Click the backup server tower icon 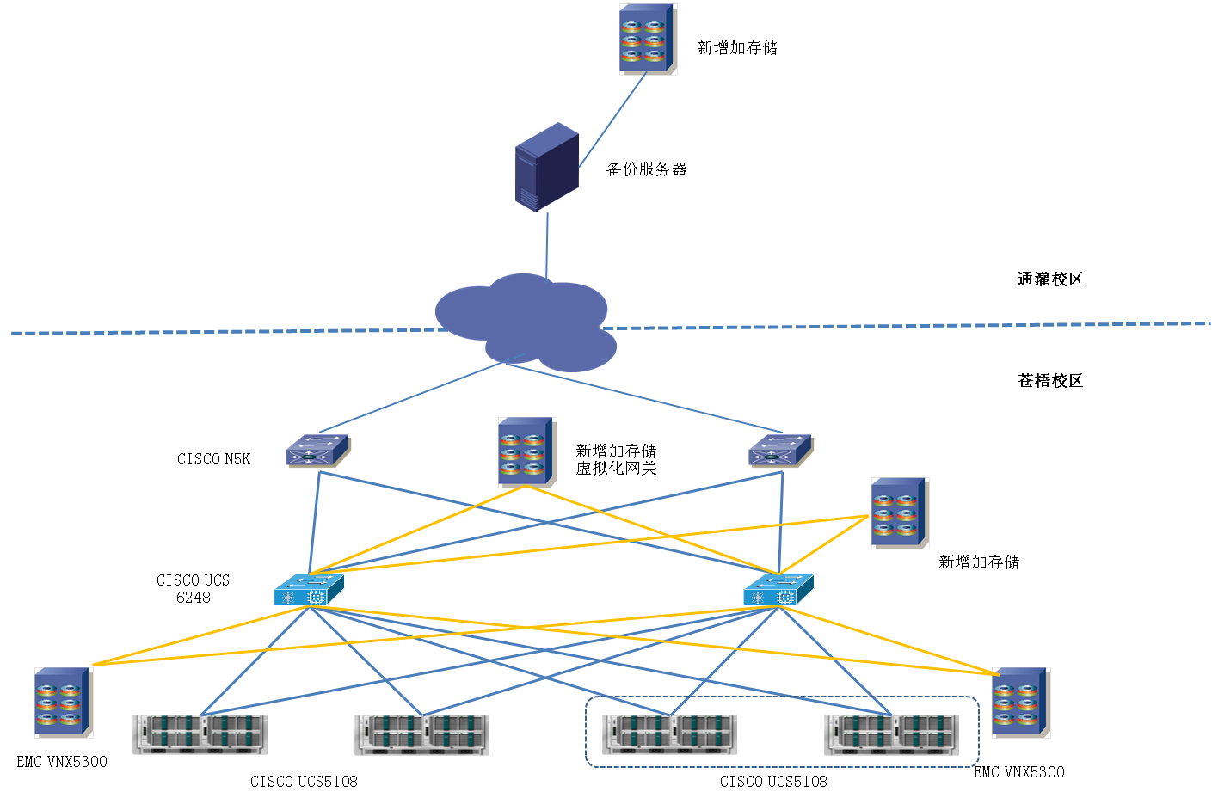pos(546,167)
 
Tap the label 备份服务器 pos(647,169)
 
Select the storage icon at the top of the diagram pos(647,39)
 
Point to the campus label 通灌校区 pos(1049,279)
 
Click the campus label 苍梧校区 pos(1049,381)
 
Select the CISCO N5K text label pos(213,459)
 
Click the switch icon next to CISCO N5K pos(317,451)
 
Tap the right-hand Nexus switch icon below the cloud pos(779,451)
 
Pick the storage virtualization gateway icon pos(526,452)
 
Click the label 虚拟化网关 pos(616,469)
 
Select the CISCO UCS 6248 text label pos(193,589)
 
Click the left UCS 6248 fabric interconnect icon pos(309,591)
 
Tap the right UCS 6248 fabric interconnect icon pos(778,591)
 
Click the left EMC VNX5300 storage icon pos(62,702)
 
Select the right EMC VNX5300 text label pos(1018,772)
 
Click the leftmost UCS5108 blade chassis pos(200,734)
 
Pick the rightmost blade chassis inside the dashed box pos(892,734)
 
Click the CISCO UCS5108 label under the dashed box pos(773,782)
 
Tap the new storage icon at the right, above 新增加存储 pos(899,513)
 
